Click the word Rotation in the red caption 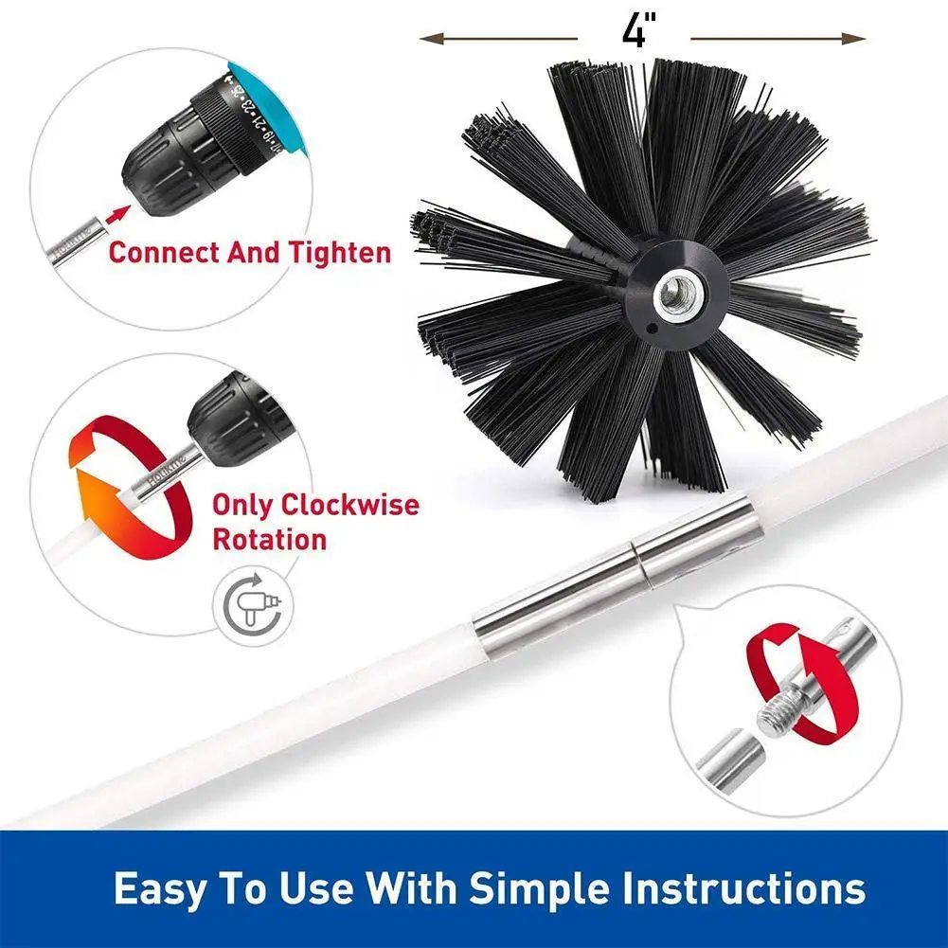tap(269, 540)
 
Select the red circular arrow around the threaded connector tap(801, 687)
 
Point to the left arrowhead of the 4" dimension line tap(429, 38)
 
